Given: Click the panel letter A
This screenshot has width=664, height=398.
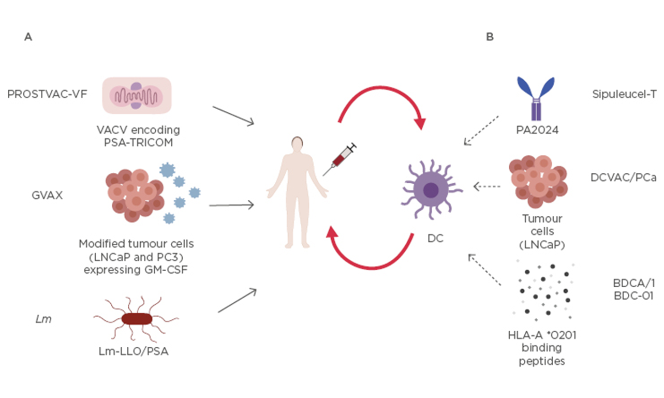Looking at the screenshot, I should point(28,37).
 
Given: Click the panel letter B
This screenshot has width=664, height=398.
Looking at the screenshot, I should point(490,37).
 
